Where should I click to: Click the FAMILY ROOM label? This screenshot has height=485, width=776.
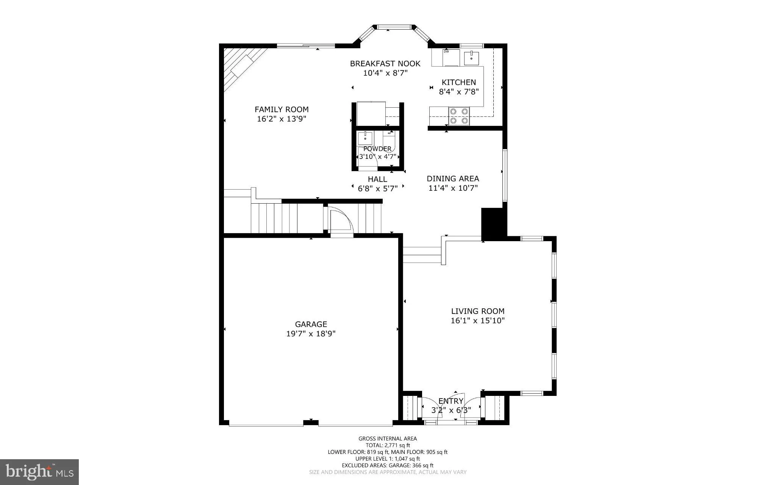coord(282,110)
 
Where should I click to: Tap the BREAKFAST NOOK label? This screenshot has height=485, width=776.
coord(385,64)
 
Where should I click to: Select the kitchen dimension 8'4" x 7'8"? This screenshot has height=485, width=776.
coord(459,91)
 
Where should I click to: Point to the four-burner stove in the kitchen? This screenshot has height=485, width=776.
coord(459,116)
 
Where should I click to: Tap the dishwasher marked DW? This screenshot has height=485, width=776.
coord(446,58)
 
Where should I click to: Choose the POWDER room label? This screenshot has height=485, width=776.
coord(377,149)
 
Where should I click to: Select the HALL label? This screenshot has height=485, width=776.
coord(377,179)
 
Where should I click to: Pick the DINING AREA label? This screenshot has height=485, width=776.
coord(453,179)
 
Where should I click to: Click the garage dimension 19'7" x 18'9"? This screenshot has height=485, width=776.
coord(311,334)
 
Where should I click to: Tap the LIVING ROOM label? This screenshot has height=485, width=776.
coord(478,311)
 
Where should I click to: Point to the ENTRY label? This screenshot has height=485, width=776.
coord(451,401)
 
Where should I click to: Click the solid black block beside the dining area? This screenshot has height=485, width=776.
coord(494,224)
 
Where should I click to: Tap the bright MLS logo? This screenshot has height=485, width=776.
coord(39,472)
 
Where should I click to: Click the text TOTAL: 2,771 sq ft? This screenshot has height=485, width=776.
coord(388,446)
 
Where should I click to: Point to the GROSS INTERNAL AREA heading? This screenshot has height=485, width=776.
coord(388,439)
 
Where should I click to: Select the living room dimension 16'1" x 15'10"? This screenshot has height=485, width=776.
coord(478,320)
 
